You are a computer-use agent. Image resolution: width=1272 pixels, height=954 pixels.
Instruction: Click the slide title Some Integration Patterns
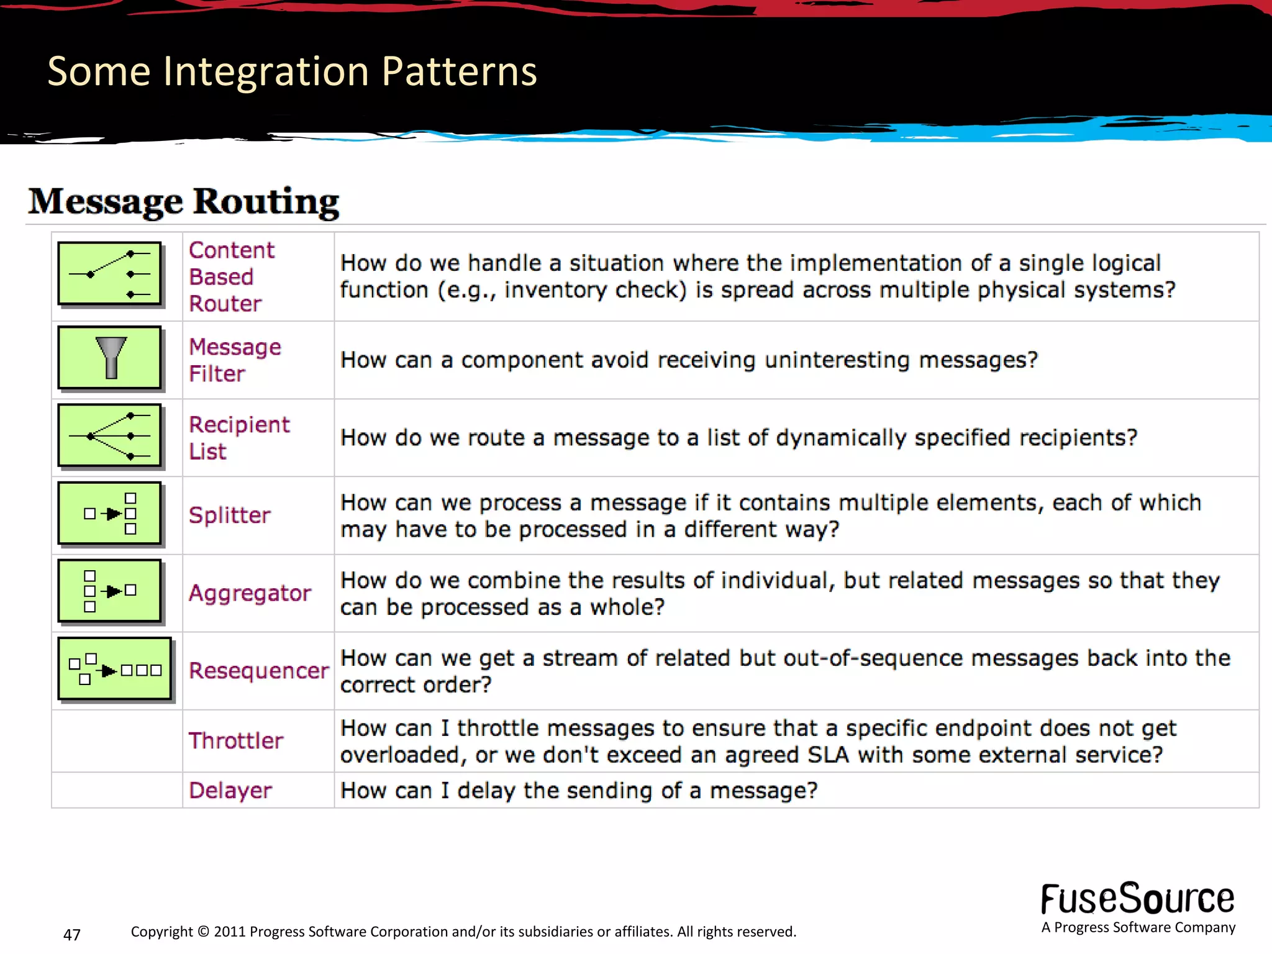pyautogui.click(x=292, y=71)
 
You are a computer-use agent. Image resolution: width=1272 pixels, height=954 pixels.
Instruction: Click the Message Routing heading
pyautogui.click(x=184, y=202)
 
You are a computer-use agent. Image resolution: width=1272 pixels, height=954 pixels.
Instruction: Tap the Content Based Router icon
pyautogui.click(x=109, y=274)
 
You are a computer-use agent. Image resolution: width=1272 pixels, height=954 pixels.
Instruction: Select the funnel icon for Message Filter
pyautogui.click(x=111, y=358)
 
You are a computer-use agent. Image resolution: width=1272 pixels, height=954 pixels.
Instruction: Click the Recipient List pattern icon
pyautogui.click(x=109, y=435)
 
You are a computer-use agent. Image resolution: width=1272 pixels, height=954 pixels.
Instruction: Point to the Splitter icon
pyautogui.click(x=109, y=514)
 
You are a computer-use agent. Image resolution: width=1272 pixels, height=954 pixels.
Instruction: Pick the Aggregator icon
pyautogui.click(x=109, y=591)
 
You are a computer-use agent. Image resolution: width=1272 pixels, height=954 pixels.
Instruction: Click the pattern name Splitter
pyautogui.click(x=229, y=516)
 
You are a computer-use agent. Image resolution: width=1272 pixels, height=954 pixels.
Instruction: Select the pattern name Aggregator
pyautogui.click(x=250, y=593)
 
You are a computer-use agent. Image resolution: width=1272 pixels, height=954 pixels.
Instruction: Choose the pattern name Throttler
pyautogui.click(x=236, y=741)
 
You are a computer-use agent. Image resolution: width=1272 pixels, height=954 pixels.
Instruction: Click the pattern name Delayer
pyautogui.click(x=230, y=791)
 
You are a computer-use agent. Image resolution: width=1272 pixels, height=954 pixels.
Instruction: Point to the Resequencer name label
pyautogui.click(x=258, y=671)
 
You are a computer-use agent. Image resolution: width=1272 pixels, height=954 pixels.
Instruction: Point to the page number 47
pyautogui.click(x=72, y=934)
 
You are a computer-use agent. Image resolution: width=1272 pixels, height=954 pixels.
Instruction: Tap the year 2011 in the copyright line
pyautogui.click(x=230, y=932)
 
